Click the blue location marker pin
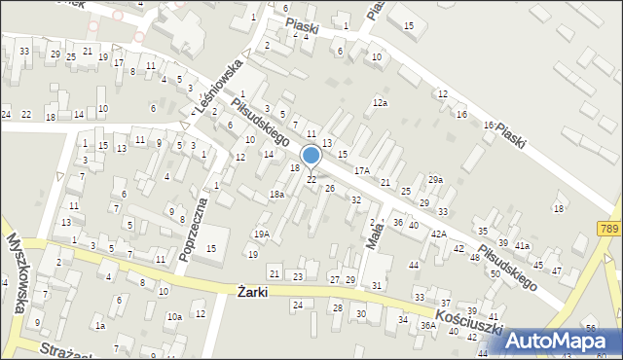[311, 156]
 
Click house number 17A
[361, 170]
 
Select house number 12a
[380, 102]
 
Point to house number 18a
[276, 195]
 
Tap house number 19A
[261, 234]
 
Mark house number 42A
[439, 234]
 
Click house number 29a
[435, 180]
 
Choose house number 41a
[523, 246]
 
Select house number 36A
[426, 326]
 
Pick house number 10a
[173, 317]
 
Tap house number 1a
[100, 326]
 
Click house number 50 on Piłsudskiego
[495, 274]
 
